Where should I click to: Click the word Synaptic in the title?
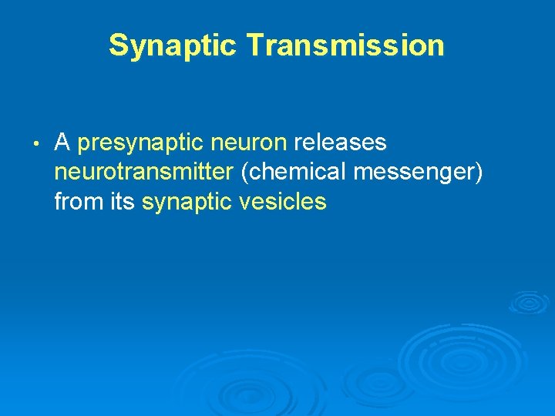tap(173, 45)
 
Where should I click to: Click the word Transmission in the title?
tap(345, 45)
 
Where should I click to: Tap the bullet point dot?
tap(36, 144)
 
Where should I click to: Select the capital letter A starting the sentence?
tap(62, 143)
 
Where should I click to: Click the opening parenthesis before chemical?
tap(244, 173)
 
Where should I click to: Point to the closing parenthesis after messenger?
tap(479, 173)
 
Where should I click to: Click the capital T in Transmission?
tap(255, 45)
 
